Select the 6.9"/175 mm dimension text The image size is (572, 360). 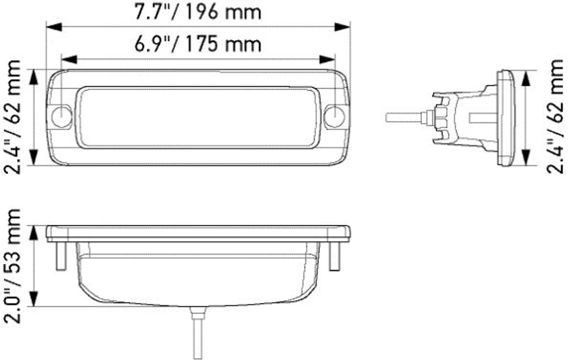click(198, 44)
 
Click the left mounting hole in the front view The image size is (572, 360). click(61, 117)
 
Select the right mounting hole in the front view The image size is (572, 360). click(334, 117)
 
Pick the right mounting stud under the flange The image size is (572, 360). click(334, 256)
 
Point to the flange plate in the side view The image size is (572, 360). click(506, 118)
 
